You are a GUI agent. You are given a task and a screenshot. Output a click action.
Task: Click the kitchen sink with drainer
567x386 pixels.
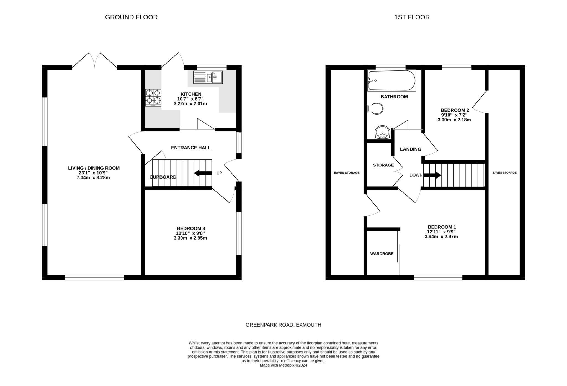pyautogui.click(x=208, y=77)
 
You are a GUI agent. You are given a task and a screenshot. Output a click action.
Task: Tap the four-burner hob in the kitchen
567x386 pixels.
pyautogui.click(x=153, y=98)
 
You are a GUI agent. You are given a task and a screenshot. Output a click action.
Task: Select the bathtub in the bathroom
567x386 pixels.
pyautogui.click(x=391, y=80)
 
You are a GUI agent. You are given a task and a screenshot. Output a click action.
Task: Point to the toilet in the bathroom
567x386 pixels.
pyautogui.click(x=375, y=109)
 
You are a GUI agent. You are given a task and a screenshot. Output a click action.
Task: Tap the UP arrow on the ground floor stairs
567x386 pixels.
pyautogui.click(x=203, y=173)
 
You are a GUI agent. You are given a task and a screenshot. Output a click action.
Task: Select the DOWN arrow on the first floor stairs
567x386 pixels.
pyautogui.click(x=432, y=175)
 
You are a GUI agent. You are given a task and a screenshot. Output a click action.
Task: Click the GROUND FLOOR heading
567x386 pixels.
pyautogui.click(x=131, y=17)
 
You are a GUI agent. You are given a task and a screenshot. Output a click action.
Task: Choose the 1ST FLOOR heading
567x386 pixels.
pyautogui.click(x=412, y=17)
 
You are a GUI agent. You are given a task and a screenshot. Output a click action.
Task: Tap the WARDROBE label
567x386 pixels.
pyautogui.click(x=382, y=254)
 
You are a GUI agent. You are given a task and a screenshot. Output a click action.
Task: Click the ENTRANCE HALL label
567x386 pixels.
pyautogui.click(x=191, y=148)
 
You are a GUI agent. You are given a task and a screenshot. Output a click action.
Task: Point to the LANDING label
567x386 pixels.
pyautogui.click(x=411, y=149)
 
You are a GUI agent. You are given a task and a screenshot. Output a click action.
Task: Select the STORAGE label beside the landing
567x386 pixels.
pyautogui.click(x=383, y=165)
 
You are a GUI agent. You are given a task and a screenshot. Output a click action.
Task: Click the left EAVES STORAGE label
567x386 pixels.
pyautogui.click(x=347, y=173)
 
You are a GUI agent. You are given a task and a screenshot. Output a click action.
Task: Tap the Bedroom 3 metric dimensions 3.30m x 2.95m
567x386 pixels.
pyautogui.click(x=190, y=238)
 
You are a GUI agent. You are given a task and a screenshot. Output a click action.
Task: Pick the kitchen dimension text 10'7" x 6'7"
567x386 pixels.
pyautogui.click(x=190, y=99)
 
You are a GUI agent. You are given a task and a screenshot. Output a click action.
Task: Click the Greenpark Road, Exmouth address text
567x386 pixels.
pyautogui.click(x=283, y=325)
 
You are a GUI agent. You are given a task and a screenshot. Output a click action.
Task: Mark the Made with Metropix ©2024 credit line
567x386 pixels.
pyautogui.click(x=283, y=365)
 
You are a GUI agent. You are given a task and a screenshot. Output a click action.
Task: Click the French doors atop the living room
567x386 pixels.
pyautogui.click(x=95, y=60)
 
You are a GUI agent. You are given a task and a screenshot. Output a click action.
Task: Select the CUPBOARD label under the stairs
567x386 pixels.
pyautogui.click(x=163, y=177)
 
